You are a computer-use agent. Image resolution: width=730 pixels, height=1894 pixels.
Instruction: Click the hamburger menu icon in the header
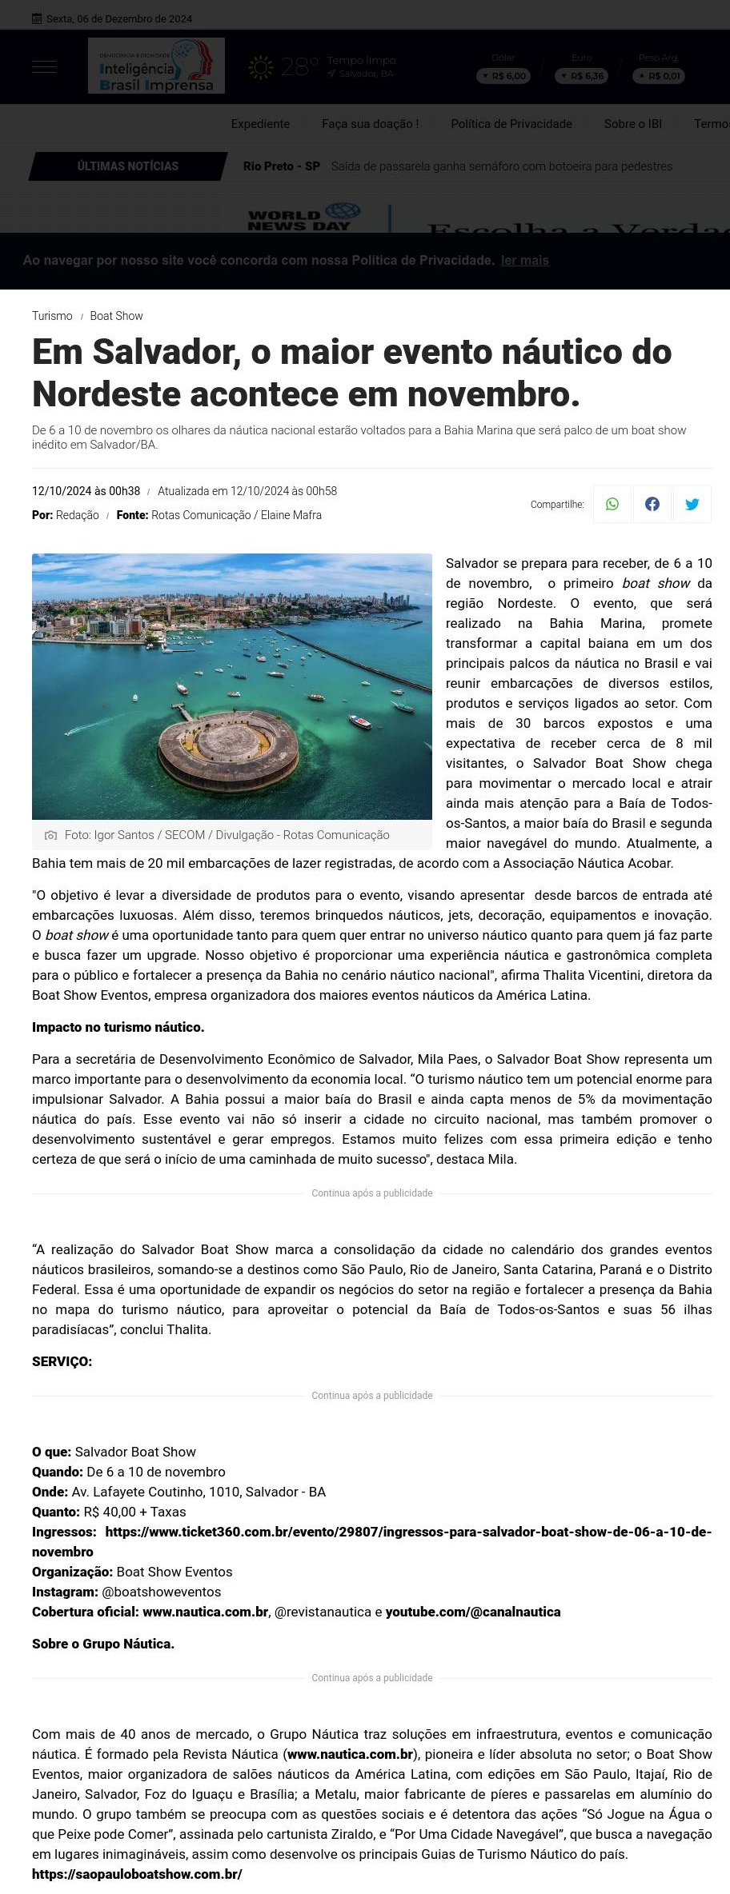[44, 67]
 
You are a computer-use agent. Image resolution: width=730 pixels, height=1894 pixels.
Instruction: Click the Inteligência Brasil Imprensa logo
[156, 66]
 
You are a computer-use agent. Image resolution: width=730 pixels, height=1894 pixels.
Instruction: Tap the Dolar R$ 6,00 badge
[503, 76]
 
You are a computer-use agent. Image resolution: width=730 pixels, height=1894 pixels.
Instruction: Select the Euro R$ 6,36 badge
[582, 76]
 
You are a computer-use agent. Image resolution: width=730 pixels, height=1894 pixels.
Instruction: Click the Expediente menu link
[260, 124]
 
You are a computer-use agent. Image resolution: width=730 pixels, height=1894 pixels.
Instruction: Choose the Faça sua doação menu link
[370, 124]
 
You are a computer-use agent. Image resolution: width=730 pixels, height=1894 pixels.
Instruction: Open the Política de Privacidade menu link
[511, 124]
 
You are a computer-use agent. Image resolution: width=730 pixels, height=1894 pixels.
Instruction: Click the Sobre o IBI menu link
[633, 124]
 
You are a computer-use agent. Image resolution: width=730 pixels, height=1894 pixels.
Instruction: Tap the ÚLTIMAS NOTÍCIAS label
[128, 166]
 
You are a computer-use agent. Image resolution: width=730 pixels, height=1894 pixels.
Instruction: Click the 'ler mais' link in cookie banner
[525, 261]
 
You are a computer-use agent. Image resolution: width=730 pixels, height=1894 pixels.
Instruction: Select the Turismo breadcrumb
[52, 316]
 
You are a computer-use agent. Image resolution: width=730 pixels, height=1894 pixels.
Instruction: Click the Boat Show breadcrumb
[116, 316]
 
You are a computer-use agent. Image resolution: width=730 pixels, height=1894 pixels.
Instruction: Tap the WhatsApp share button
[612, 504]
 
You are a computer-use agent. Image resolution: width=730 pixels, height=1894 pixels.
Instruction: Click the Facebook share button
[652, 504]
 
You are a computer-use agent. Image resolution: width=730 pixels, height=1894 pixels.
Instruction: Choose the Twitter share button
[692, 504]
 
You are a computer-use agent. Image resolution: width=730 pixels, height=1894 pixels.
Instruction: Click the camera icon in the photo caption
[51, 835]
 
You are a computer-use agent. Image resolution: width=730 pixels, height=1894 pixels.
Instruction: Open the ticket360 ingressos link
[408, 1532]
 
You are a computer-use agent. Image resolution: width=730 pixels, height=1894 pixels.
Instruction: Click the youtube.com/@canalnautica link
[473, 1612]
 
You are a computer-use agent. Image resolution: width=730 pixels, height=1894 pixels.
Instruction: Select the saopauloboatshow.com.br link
[137, 1874]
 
